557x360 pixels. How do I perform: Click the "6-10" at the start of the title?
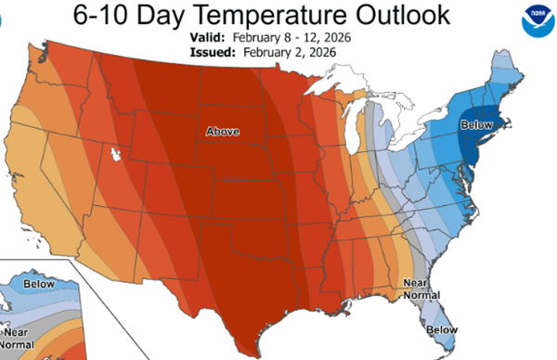point(96,18)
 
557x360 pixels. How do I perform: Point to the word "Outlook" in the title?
point(422,18)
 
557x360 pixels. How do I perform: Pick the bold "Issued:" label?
point(214,54)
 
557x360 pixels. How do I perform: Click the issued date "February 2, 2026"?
point(292,54)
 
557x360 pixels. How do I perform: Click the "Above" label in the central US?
point(222,132)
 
